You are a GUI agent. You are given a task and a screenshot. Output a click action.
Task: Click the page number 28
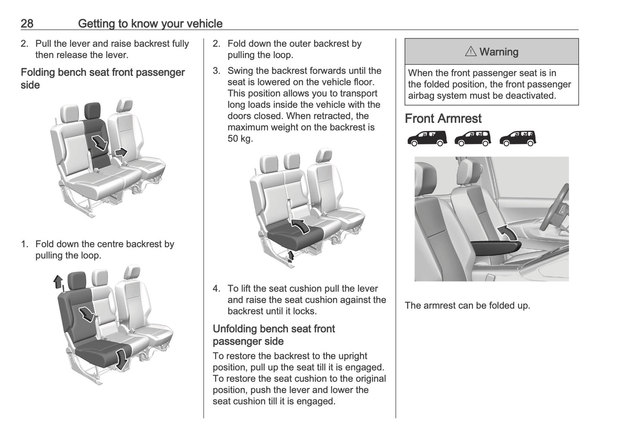pyautogui.click(x=27, y=23)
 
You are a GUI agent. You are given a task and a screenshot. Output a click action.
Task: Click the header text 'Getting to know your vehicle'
pyautogui.click(x=150, y=23)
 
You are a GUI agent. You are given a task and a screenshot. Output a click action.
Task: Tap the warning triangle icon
pyautogui.click(x=470, y=52)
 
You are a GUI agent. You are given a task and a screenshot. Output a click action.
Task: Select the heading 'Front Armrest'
pyautogui.click(x=443, y=119)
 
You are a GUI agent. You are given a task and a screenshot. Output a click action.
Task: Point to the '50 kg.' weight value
pyautogui.click(x=240, y=138)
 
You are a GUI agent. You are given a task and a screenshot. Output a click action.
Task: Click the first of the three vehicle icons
pyautogui.click(x=427, y=138)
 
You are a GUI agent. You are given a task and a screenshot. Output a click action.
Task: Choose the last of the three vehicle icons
pyautogui.click(x=518, y=138)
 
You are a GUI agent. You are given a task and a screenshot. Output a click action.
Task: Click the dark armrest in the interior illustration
pyautogui.click(x=496, y=249)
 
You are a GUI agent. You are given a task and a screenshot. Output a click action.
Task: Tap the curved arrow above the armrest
pyautogui.click(x=509, y=232)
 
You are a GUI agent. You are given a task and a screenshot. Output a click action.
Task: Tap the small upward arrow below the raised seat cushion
pyautogui.click(x=291, y=256)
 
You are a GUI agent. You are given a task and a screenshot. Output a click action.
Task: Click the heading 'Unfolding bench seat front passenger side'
pyautogui.click(x=274, y=335)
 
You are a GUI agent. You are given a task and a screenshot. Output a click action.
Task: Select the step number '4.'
pyautogui.click(x=216, y=288)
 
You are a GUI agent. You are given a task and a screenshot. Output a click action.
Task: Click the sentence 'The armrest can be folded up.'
pyautogui.click(x=467, y=305)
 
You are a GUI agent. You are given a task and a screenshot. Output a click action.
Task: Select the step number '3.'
pyautogui.click(x=216, y=71)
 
